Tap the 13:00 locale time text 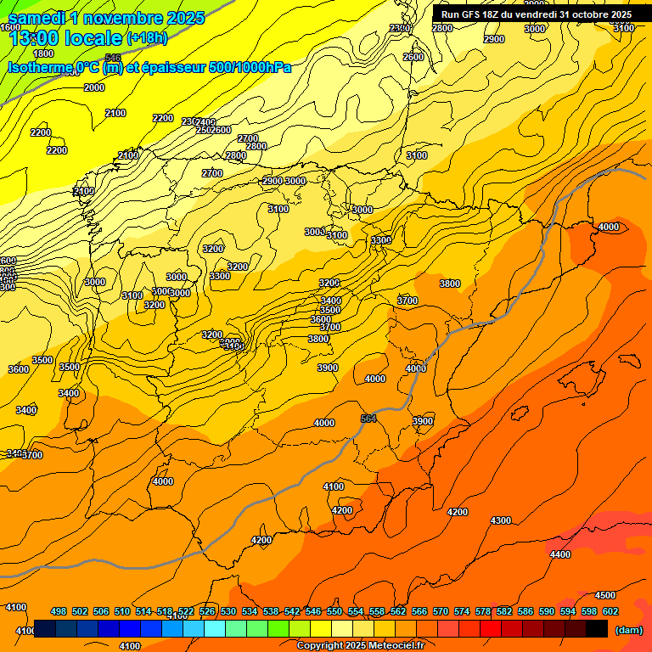coord(65,38)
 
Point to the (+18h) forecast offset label coord(148,38)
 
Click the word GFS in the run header coord(472,14)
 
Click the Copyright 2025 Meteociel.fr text coord(361,646)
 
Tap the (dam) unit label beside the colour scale coord(628,629)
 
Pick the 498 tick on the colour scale coord(59,611)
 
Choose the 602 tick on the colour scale coord(610,611)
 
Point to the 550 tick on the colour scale coord(334,611)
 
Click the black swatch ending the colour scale coord(597,629)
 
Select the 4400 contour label coord(560,554)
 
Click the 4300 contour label coord(501,520)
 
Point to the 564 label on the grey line coord(368,419)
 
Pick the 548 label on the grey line coord(112,57)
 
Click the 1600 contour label coord(10,28)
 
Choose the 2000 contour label coord(94,87)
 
